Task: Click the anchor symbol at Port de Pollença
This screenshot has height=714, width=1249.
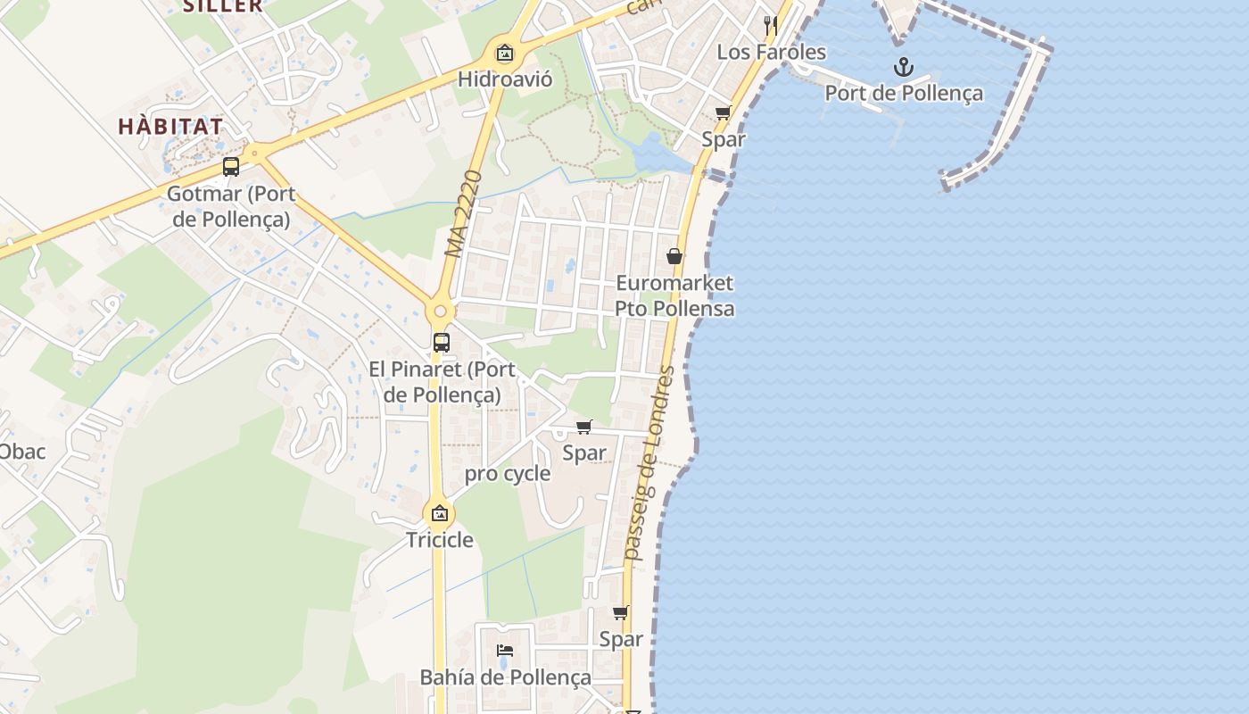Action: (904, 67)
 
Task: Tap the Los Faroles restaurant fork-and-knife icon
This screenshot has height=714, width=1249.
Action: (771, 25)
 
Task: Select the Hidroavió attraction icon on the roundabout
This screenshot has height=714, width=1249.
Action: (505, 53)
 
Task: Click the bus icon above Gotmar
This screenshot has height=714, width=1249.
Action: (231, 167)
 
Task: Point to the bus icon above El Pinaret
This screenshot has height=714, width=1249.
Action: (441, 342)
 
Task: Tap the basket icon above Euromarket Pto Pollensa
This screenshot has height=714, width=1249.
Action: (674, 256)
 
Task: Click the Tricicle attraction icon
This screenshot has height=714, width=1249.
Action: (439, 513)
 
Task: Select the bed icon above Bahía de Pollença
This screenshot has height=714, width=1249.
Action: (505, 651)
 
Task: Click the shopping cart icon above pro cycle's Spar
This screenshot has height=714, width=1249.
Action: (584, 427)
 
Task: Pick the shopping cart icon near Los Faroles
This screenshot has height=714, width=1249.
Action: (723, 112)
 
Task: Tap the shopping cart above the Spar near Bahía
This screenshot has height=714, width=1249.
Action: (620, 612)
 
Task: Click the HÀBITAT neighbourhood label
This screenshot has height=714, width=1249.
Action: (170, 126)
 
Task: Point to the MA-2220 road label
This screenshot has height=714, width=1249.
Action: (465, 214)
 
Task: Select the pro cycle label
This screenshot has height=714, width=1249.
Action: (508, 474)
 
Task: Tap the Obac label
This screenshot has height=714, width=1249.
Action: (21, 452)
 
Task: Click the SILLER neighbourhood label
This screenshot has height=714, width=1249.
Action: (223, 5)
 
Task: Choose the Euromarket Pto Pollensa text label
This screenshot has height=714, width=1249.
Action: (674, 295)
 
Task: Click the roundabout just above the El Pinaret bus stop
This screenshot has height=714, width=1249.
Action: (439, 312)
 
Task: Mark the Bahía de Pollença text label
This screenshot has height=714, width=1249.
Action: (505, 677)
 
